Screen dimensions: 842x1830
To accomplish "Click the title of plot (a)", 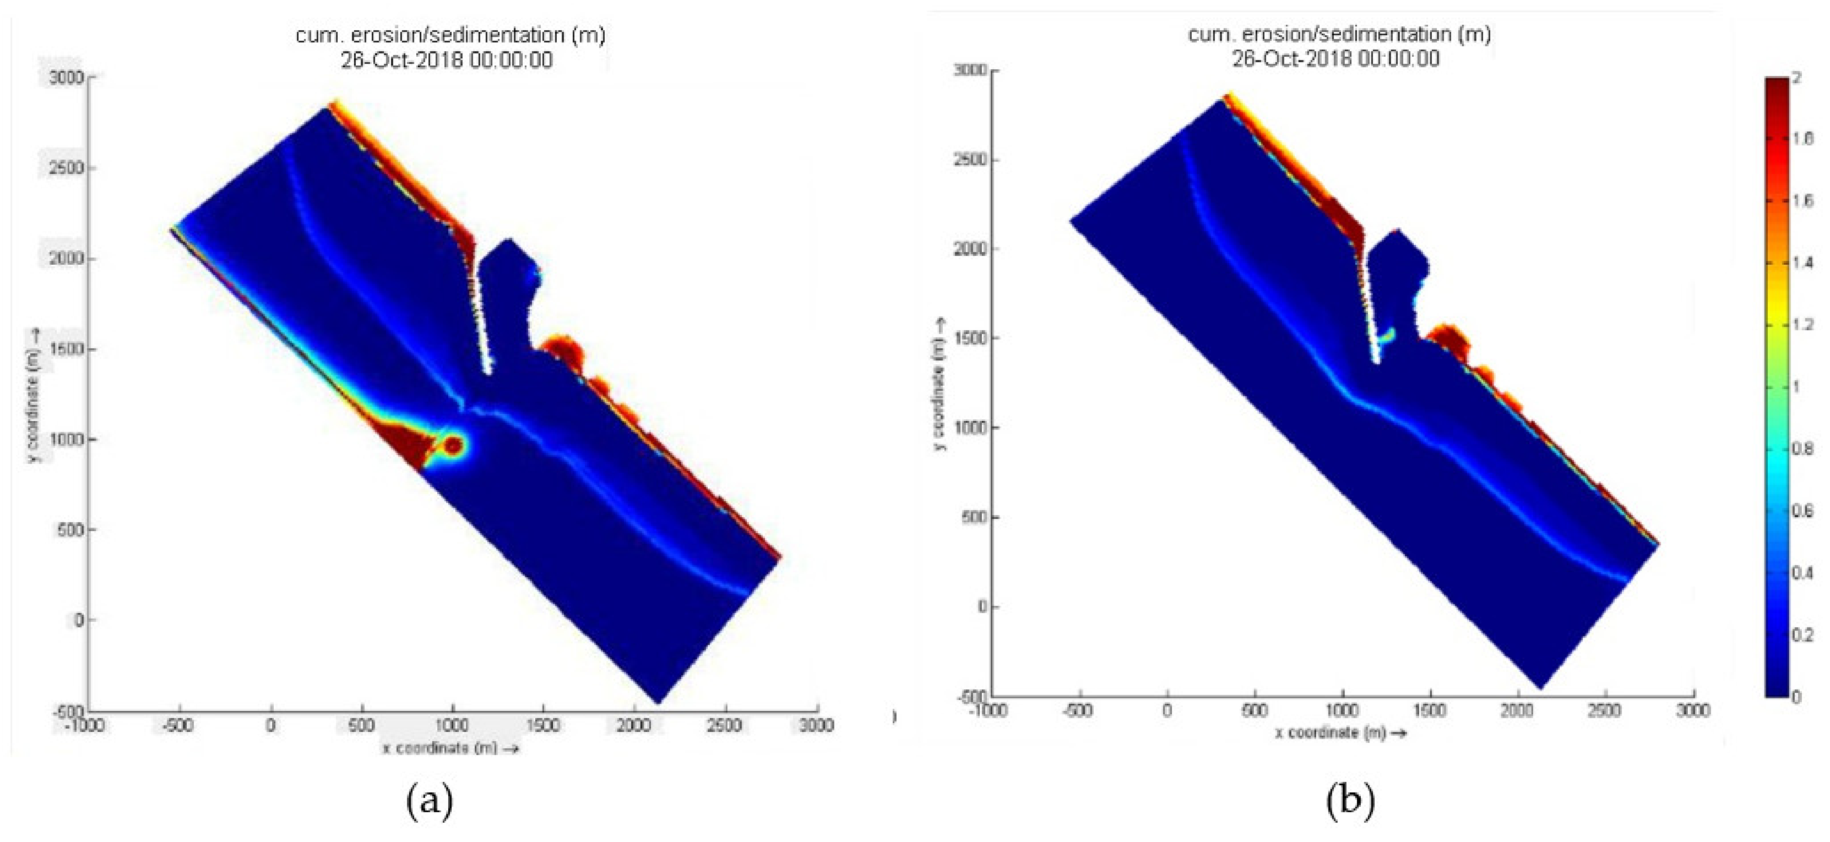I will click(x=450, y=35).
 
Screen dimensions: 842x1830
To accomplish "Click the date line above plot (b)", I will click(x=1335, y=58).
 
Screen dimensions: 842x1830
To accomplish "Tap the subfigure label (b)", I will click(x=1350, y=801).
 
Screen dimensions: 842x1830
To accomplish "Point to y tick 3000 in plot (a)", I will click(x=65, y=77).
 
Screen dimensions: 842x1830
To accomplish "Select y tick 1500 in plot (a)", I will click(x=65, y=349).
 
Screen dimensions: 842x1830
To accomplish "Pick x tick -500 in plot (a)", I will click(x=177, y=726).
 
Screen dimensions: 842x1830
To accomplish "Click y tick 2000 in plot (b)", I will click(x=971, y=249).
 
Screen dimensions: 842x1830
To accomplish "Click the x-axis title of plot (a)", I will click(x=450, y=748).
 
